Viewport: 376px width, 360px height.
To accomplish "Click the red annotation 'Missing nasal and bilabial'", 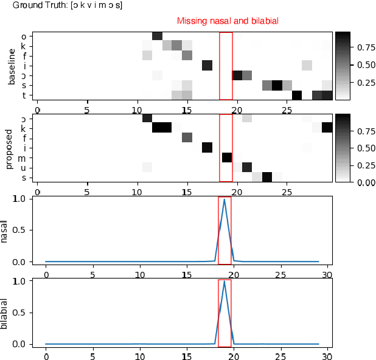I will [228, 21].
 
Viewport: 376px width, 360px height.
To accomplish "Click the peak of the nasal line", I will [225, 199].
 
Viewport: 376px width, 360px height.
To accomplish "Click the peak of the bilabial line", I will [225, 282].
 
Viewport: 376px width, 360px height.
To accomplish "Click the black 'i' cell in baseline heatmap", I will [207, 66].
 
